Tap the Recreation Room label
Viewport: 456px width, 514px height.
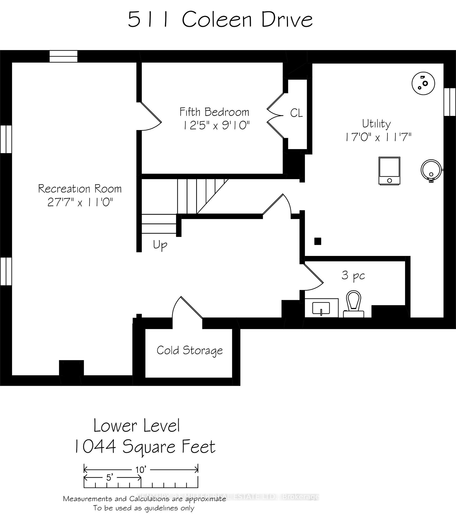[x=80, y=189]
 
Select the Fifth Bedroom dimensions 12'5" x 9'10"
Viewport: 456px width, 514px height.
[x=216, y=125]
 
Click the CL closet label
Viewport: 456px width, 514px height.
[x=296, y=113]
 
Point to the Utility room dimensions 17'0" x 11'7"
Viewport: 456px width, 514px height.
[x=377, y=137]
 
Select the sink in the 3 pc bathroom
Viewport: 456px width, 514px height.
[x=321, y=308]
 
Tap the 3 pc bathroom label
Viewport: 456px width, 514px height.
[x=353, y=276]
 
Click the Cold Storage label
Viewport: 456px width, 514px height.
[x=190, y=350]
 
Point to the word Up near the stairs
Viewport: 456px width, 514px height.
[x=160, y=245]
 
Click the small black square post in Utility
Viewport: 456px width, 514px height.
[x=318, y=241]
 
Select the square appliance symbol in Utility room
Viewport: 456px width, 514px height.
[x=389, y=171]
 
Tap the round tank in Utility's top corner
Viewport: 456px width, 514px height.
[x=423, y=83]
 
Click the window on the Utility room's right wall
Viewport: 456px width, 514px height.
[x=450, y=102]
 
